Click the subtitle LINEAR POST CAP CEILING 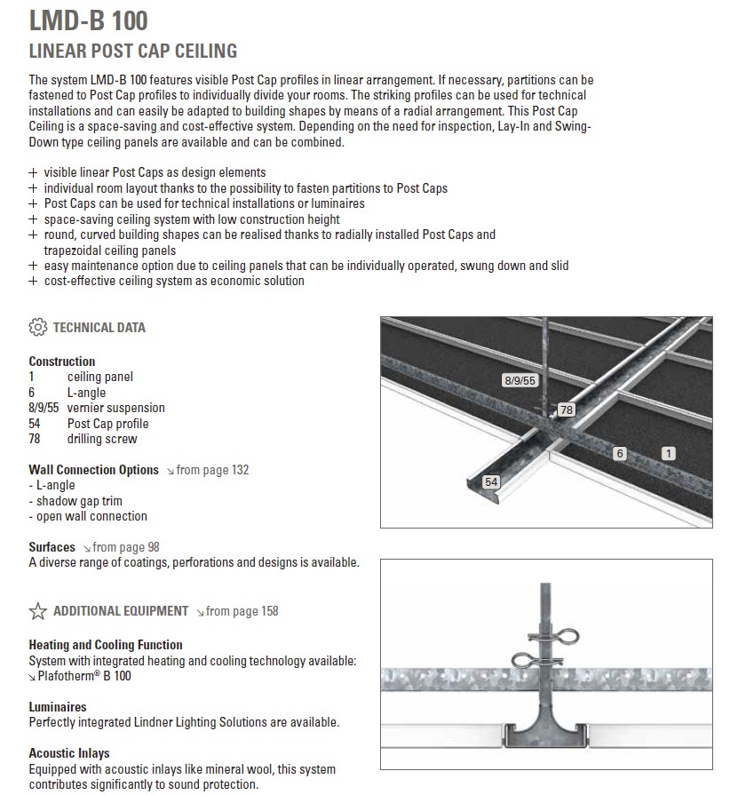coord(132,52)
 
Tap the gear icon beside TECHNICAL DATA coord(37,327)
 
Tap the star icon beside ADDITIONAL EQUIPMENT coord(37,611)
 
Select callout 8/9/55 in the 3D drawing coord(520,380)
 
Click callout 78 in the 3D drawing coord(566,409)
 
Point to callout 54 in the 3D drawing coord(490,482)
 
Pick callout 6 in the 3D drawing coord(620,454)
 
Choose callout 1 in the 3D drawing coord(668,454)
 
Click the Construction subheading coord(61,362)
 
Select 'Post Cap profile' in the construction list coord(107,424)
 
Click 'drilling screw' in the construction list coord(102,439)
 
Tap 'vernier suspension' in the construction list coord(115,408)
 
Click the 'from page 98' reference coord(125,547)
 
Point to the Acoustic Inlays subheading coord(69,753)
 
